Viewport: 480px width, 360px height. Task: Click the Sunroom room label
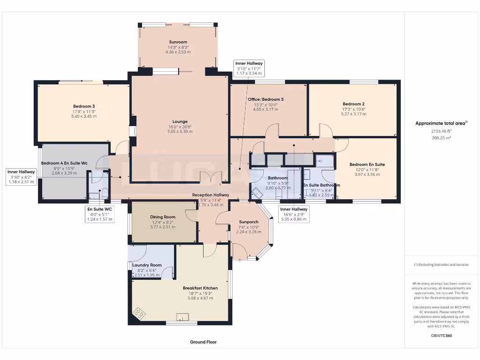[x=178, y=42]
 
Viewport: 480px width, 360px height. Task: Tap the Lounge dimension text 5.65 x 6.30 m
[x=180, y=132]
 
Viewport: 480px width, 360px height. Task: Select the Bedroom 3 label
[x=84, y=106]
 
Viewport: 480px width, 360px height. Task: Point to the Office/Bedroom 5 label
[x=265, y=99]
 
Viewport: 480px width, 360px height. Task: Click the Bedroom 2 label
[x=353, y=104]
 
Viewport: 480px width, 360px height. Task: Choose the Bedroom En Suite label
[x=367, y=165]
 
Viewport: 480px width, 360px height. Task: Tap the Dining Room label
[x=163, y=217]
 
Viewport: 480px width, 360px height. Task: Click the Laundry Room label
[x=147, y=265]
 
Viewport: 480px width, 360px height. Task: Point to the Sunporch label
[x=248, y=222]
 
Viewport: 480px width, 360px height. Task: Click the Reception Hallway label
[x=210, y=195]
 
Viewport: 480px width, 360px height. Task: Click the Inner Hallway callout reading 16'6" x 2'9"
[x=294, y=214]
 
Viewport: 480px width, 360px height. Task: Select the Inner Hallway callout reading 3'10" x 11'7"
[x=249, y=68]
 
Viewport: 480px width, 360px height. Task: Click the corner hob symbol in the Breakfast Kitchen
[x=139, y=312]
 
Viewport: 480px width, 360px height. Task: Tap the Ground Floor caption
[x=203, y=342]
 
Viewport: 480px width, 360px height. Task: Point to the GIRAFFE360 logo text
[x=441, y=336]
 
